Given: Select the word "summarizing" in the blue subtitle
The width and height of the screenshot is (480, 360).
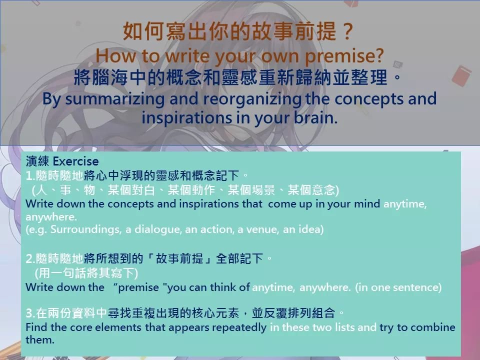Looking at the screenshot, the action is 115,99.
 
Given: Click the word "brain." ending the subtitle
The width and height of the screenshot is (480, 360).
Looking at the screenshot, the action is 316,117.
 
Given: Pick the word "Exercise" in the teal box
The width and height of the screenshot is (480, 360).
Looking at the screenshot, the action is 75,161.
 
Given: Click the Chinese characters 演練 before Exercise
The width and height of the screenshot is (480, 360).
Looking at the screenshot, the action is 37,161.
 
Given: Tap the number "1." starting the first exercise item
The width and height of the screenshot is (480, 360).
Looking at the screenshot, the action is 30,175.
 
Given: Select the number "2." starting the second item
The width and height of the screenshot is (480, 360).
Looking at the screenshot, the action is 30,258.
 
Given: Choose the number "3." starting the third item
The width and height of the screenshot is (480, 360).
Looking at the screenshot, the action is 30,313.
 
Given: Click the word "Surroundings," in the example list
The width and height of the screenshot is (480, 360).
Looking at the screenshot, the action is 86,229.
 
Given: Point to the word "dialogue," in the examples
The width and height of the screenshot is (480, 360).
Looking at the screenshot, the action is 158,229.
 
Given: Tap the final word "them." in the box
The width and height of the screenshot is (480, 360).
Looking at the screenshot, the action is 40,340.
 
